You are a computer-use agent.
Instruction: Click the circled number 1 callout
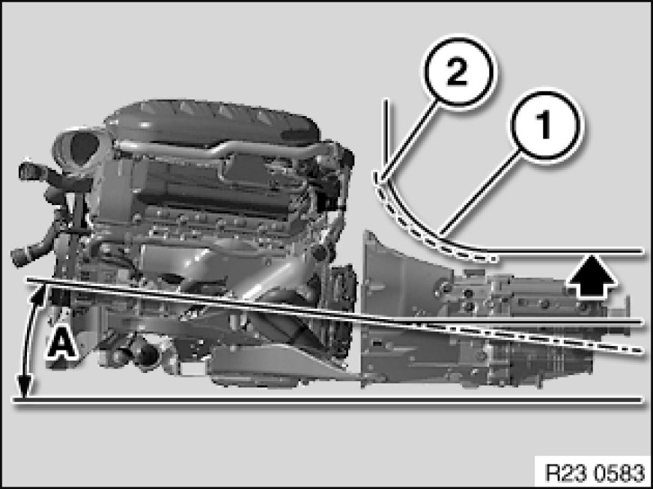coord(546,124)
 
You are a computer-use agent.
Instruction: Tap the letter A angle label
coord(61,343)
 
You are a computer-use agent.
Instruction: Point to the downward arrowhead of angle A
coord(25,386)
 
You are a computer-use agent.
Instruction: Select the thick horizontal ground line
coord(328,400)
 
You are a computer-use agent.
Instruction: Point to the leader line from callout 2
coord(410,142)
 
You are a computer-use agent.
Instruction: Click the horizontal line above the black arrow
coord(566,251)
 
